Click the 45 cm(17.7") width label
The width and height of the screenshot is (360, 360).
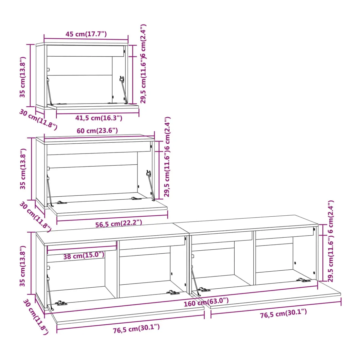point(86,34)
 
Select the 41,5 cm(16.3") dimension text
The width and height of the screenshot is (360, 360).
point(99,118)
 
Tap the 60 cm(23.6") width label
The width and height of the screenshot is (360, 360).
point(97,131)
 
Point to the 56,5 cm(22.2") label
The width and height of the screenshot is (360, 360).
point(119,224)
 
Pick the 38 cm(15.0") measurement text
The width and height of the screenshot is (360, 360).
point(84,255)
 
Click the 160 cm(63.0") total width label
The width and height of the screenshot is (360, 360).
point(206,302)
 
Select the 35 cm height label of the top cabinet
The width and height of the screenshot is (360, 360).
point(23,77)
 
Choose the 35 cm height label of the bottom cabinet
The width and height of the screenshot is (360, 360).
point(23,266)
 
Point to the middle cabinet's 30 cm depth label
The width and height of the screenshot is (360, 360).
point(35,217)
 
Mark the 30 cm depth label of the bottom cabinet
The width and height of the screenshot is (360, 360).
point(36,316)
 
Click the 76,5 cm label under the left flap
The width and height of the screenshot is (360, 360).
point(136,329)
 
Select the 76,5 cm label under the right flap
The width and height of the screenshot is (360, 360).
point(283,314)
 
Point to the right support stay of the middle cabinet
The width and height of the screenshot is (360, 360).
point(151,185)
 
